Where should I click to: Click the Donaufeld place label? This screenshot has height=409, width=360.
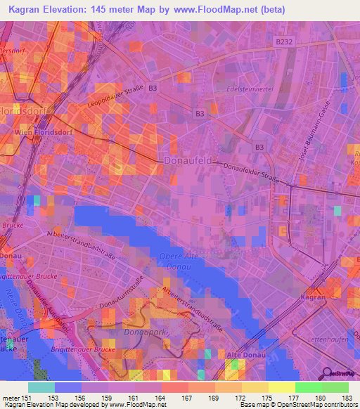pos(188,160)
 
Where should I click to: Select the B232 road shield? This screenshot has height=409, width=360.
pos(283,42)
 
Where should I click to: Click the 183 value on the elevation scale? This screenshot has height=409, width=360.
pos(345,398)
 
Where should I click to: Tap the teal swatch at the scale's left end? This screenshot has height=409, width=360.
pos(41,387)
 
